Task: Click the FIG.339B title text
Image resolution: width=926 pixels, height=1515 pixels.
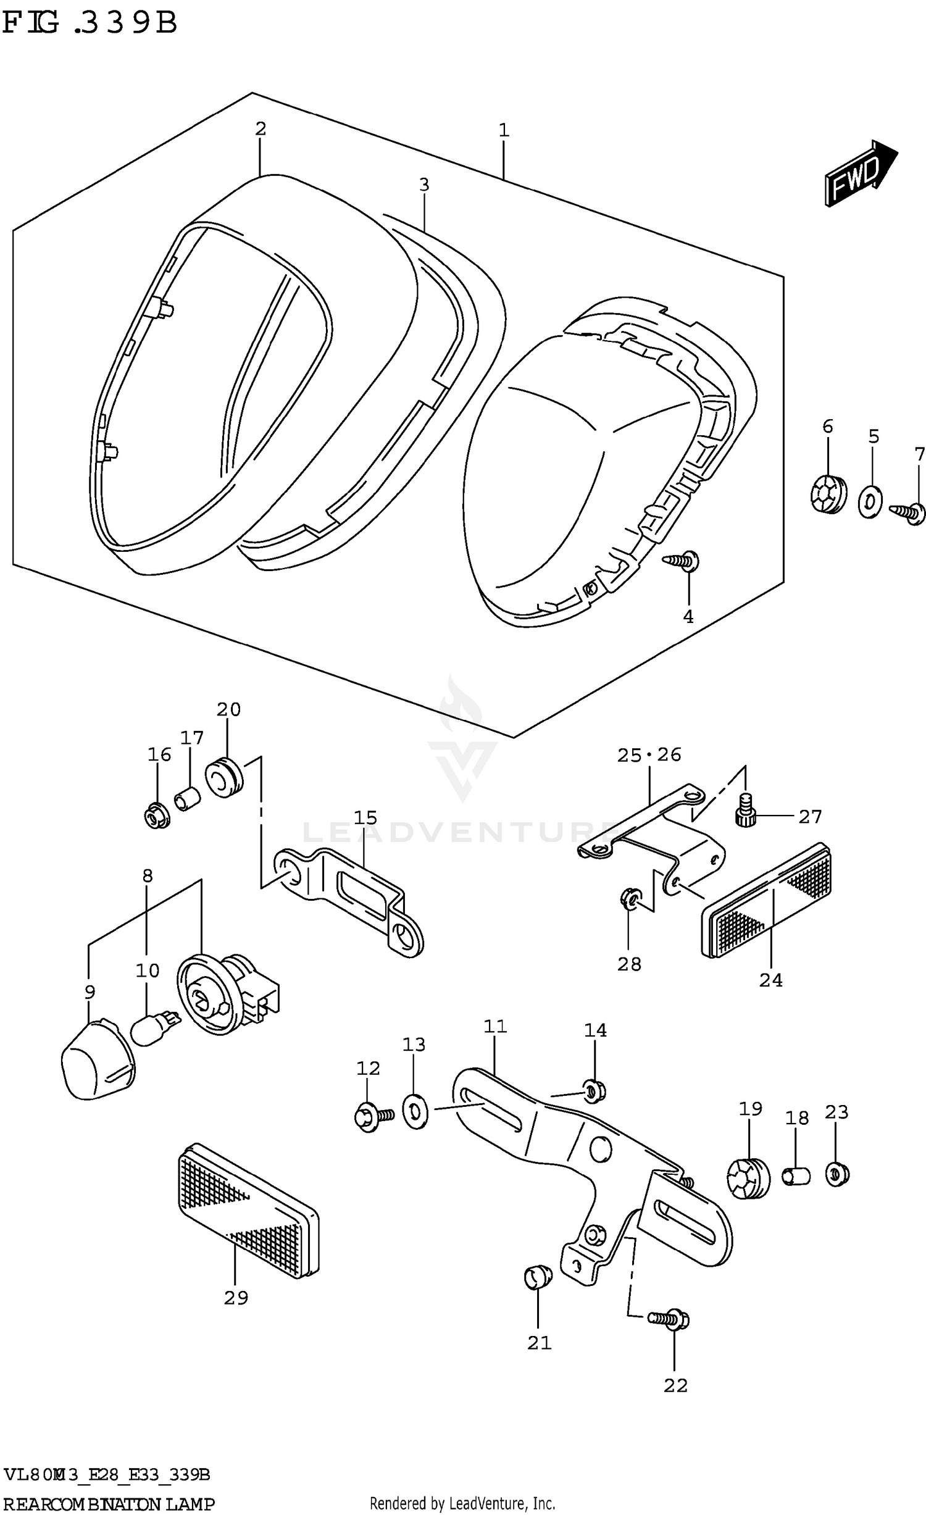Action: point(90,23)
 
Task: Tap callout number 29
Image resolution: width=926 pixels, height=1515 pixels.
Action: point(236,1298)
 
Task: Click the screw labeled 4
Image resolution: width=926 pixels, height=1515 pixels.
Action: point(681,561)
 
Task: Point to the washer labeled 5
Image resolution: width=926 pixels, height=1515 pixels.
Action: point(870,502)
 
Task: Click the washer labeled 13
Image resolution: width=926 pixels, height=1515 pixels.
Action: point(415,1111)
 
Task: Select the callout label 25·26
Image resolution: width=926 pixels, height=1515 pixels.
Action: point(649,754)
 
